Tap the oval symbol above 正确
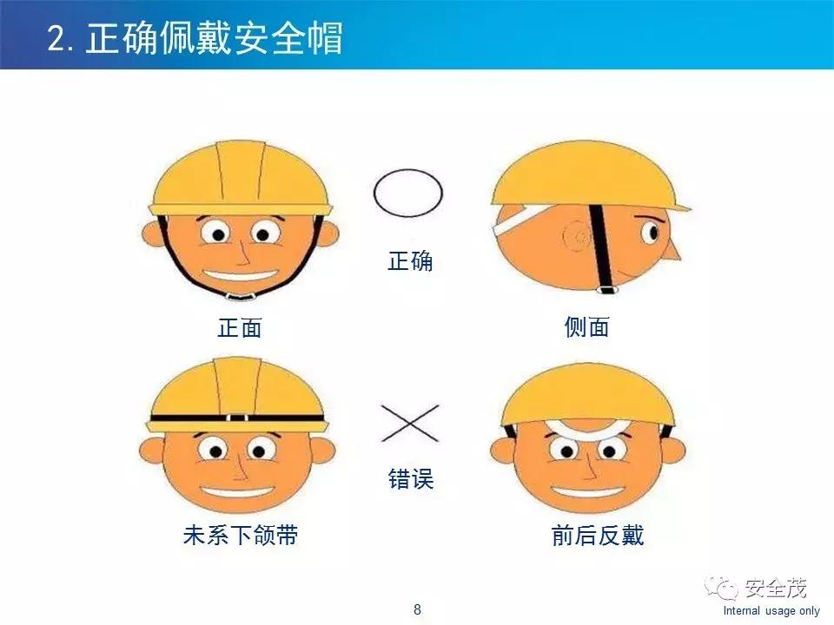(408, 193)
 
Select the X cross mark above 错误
(410, 423)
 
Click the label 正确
(409, 261)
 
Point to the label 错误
(410, 478)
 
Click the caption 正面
(239, 327)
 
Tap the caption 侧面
(586, 327)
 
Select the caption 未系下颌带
(240, 536)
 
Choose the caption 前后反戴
(598, 536)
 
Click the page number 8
(417, 609)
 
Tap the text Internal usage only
(771, 611)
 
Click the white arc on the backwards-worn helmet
(586, 428)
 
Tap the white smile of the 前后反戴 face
(586, 492)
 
